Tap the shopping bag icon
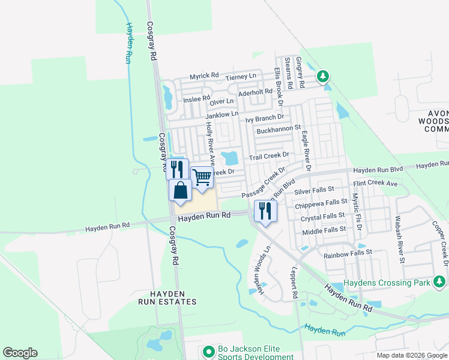[x=180, y=191]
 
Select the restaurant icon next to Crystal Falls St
[x=264, y=211]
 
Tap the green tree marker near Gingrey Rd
[x=323, y=76]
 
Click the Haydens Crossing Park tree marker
[x=441, y=281]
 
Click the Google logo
[x=20, y=353]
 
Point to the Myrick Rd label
[x=204, y=76]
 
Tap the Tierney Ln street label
[x=241, y=77]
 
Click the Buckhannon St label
[x=278, y=128]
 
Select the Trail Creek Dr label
[x=270, y=155]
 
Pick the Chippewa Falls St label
[x=322, y=204]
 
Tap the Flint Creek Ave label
[x=376, y=183]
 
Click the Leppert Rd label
[x=295, y=283]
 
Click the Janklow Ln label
[x=222, y=113]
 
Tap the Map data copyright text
[x=412, y=355]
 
